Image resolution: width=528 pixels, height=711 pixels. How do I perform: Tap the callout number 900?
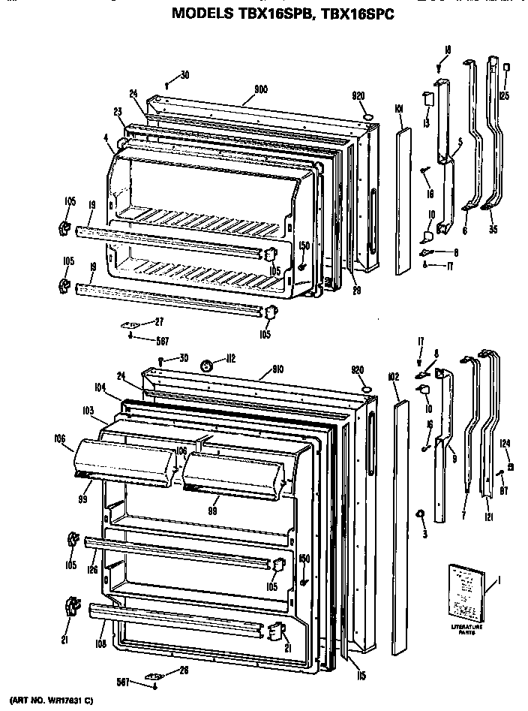[261, 89]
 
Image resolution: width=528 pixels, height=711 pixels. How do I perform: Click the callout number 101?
[399, 109]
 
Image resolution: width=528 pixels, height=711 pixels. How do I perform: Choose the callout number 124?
[505, 444]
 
